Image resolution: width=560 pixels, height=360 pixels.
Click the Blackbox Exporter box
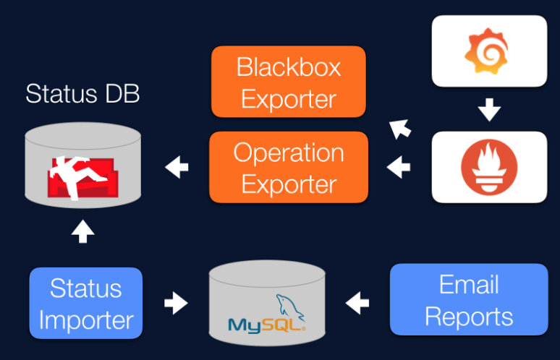288,82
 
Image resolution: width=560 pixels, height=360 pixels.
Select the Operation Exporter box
288,168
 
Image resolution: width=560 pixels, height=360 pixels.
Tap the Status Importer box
86,304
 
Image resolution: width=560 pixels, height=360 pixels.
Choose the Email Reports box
469,300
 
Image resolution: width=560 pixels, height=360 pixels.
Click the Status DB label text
82,93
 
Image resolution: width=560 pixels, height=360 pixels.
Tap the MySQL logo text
265,324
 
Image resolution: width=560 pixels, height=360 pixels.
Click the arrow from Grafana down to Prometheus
490,110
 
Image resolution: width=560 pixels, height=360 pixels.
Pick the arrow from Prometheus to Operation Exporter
399,168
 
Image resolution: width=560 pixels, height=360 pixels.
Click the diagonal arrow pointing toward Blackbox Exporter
399,129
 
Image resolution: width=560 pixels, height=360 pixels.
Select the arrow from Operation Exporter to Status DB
177,168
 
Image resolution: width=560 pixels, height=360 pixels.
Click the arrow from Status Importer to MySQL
176,302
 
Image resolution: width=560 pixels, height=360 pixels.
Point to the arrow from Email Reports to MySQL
357,302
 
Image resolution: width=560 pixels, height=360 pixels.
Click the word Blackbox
289,67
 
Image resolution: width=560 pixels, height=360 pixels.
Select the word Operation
289,153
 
